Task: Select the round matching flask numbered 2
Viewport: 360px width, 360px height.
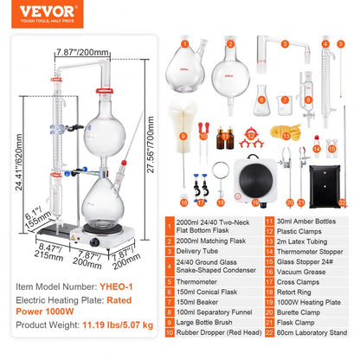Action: click(231, 62)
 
